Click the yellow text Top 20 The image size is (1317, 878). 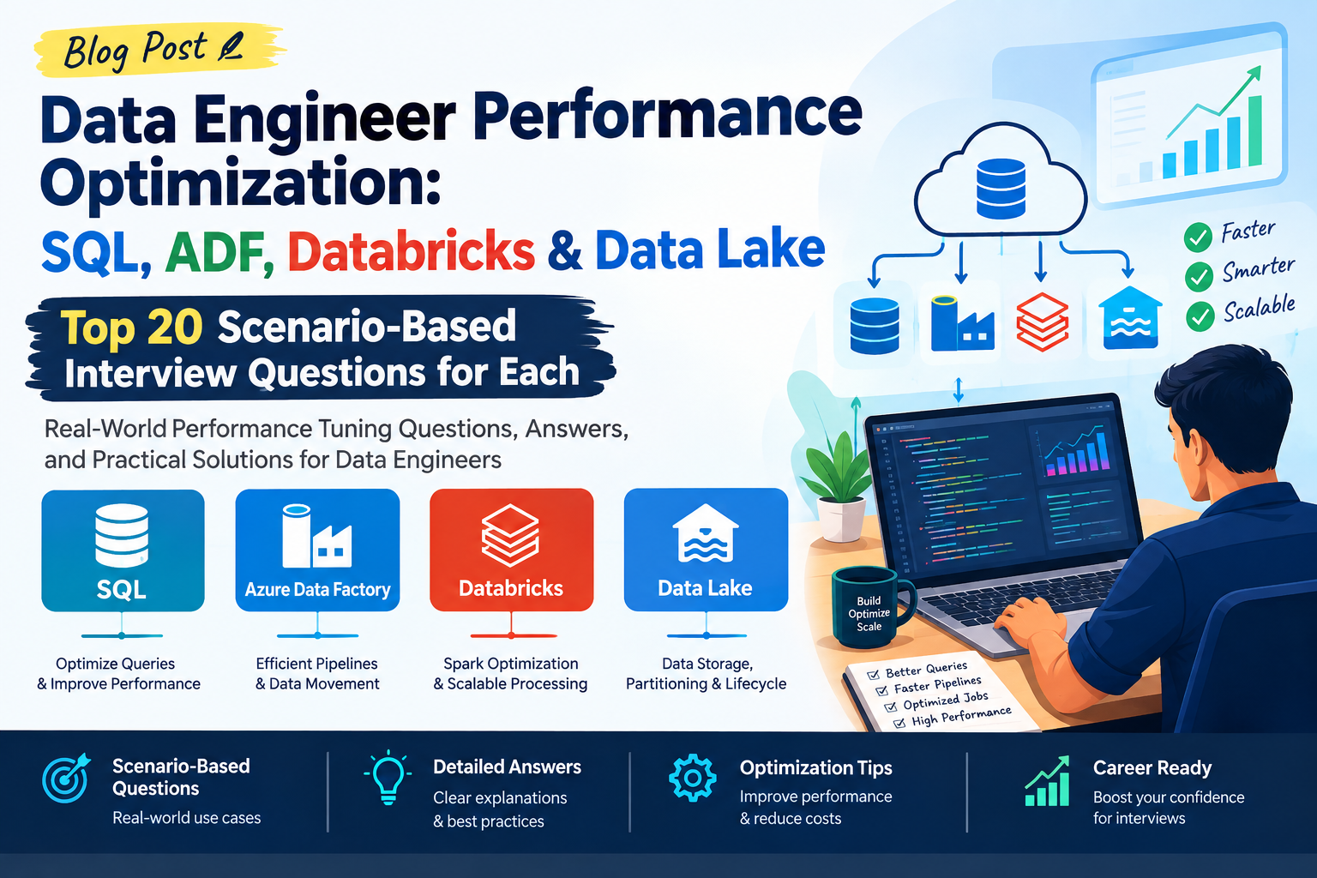pos(132,327)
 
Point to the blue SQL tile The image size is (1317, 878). pos(123,550)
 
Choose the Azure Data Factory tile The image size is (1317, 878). pos(317,550)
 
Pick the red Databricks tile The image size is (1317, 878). pos(512,550)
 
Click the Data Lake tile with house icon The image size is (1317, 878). pos(707,550)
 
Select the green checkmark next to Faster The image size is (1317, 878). pos(1198,237)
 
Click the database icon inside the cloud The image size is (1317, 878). pos(1001,189)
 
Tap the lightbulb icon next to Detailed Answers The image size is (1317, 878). pos(388,777)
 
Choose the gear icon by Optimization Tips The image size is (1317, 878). pos(693,778)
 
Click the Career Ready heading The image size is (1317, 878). pos(1152,767)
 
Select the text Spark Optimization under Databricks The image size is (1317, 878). pos(511,664)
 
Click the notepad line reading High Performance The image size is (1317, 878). pos(961,717)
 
